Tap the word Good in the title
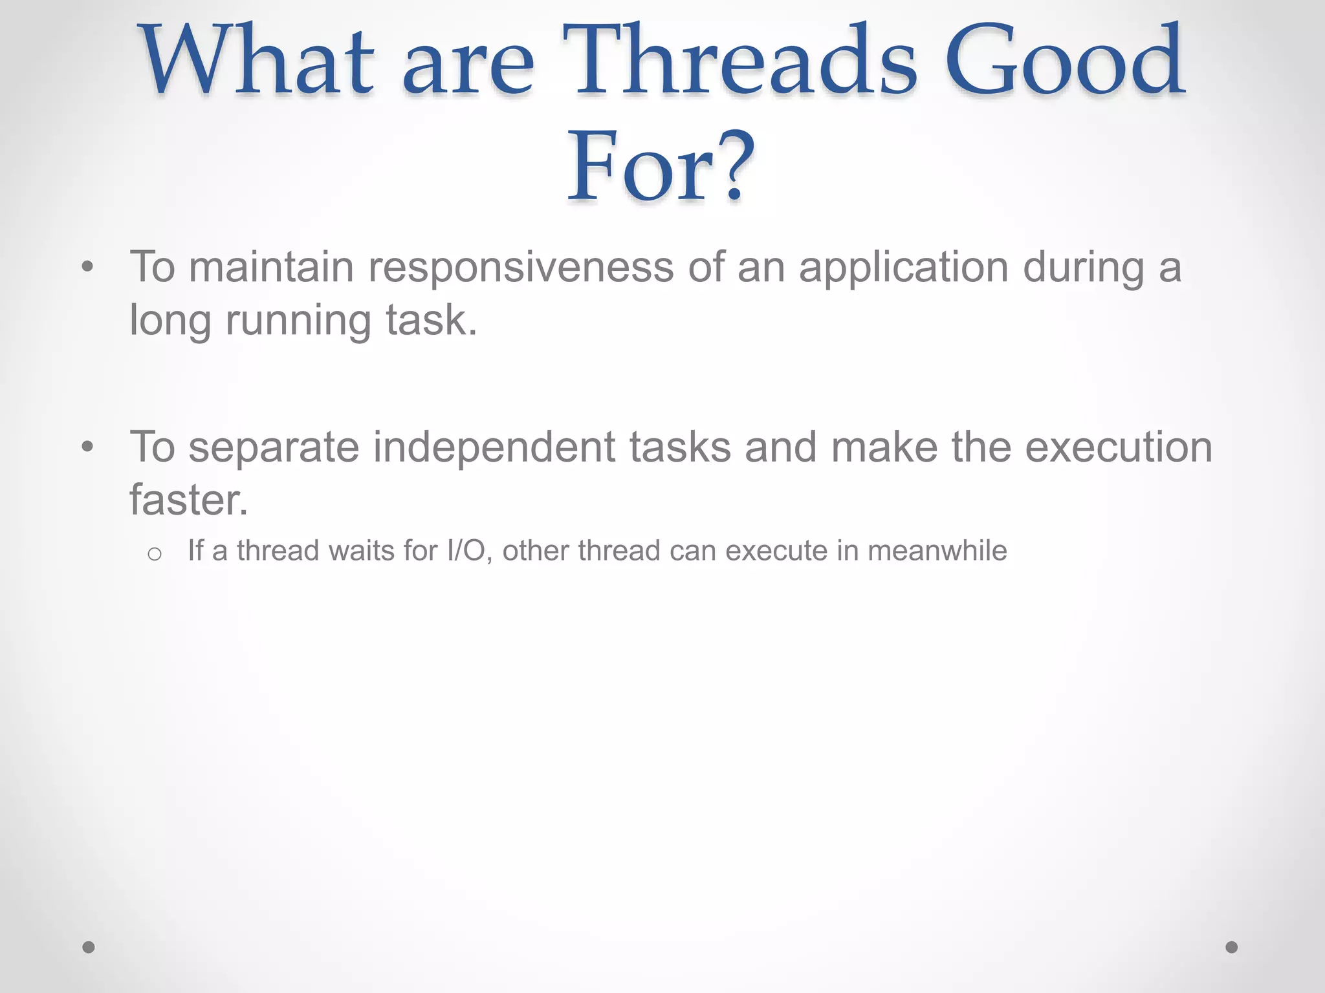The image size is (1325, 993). click(x=1065, y=61)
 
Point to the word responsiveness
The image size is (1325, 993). click(x=520, y=268)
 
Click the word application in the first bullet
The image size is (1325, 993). click(x=903, y=268)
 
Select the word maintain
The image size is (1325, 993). click(x=271, y=268)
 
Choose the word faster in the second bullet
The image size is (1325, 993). click(x=188, y=500)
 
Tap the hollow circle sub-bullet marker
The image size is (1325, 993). click(x=154, y=554)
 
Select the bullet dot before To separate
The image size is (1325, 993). click(x=88, y=447)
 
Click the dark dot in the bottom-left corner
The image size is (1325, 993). click(x=89, y=947)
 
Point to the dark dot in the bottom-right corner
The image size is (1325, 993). click(x=1232, y=947)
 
